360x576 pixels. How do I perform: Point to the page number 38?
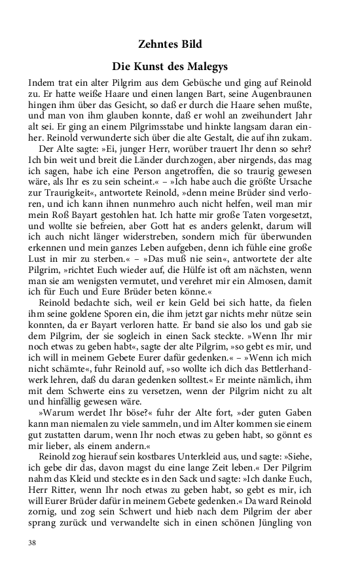coord(33,543)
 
